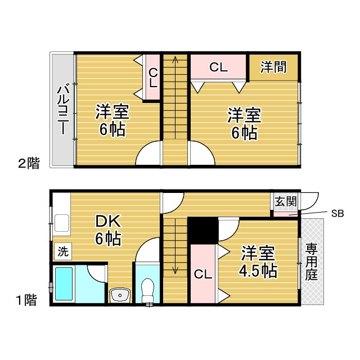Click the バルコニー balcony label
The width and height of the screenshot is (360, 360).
[x=64, y=110]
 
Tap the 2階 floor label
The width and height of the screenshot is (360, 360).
[x=29, y=163]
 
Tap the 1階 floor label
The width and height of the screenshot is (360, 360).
[x=27, y=300]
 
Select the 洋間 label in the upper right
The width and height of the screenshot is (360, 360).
[x=273, y=67]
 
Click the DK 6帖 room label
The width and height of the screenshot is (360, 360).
[x=108, y=231]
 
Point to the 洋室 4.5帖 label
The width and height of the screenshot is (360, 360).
[x=258, y=262]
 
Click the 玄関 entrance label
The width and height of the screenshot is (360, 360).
[x=286, y=201]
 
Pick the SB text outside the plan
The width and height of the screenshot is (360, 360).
[x=337, y=214]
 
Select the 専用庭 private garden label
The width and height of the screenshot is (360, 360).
[x=312, y=262]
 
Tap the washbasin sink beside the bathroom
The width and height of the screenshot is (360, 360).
[x=120, y=295]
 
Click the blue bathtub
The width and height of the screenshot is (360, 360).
[x=64, y=283]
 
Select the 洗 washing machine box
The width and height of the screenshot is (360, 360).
[x=63, y=251]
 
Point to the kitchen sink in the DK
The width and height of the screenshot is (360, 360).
[x=62, y=223]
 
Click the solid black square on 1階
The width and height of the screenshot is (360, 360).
[x=203, y=231]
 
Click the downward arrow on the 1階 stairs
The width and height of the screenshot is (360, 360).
[x=175, y=246]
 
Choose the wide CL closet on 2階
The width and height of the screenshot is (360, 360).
[x=218, y=67]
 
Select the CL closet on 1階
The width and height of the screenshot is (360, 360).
[x=203, y=274]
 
